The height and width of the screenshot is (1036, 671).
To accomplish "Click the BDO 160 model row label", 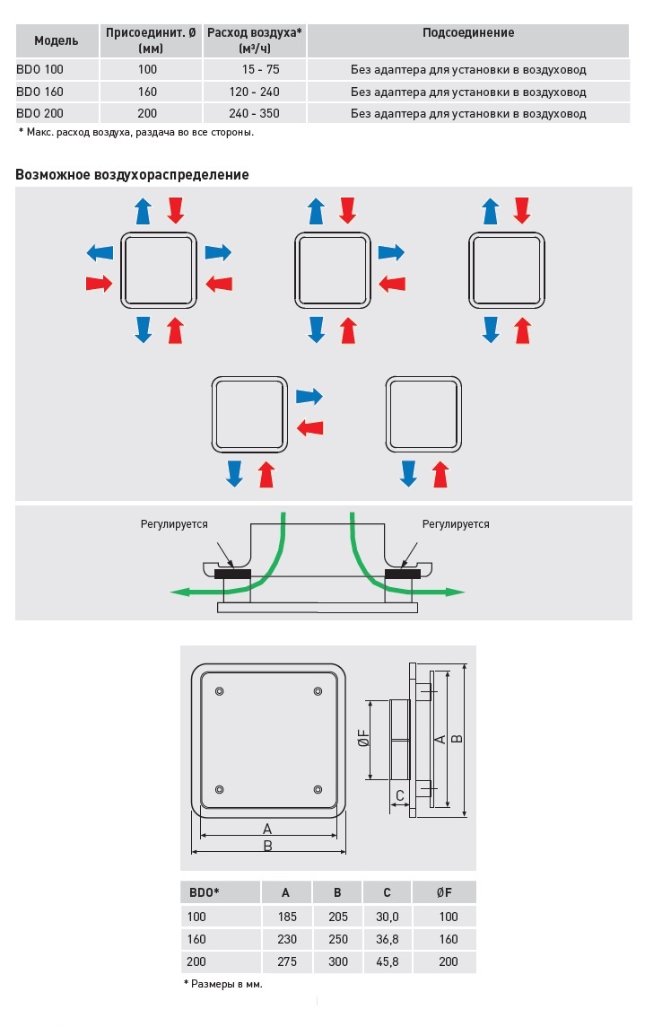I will click(x=40, y=92).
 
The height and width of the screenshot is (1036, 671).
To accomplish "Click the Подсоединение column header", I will click(x=468, y=33).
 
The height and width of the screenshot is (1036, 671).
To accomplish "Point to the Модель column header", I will click(x=56, y=40).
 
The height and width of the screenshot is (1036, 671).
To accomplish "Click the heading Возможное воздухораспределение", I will click(x=132, y=174).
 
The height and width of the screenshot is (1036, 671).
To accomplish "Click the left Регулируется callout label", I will click(x=174, y=524).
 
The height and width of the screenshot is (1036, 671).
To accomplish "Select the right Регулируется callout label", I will click(x=456, y=524).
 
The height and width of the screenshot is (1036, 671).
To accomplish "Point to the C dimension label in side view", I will click(x=399, y=795).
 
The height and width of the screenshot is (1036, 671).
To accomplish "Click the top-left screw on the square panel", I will click(x=220, y=689).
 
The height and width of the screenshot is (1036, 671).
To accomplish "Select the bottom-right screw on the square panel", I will click(x=318, y=789).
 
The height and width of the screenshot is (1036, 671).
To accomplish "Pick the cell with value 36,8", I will click(x=388, y=939).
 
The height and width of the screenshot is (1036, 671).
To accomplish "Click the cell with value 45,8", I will click(x=388, y=961).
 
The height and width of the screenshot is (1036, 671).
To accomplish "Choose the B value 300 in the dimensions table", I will click(x=337, y=961).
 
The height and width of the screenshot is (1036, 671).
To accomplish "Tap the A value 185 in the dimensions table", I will click(x=286, y=917).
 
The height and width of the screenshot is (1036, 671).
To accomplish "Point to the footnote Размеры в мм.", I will click(x=223, y=984).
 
